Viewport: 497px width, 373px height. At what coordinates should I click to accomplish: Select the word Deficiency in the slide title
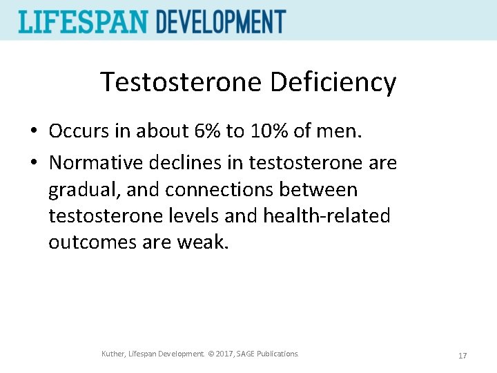click(x=333, y=82)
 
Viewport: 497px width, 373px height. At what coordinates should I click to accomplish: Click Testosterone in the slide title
click(x=181, y=82)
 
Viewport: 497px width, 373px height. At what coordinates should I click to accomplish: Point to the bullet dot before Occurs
click(x=33, y=131)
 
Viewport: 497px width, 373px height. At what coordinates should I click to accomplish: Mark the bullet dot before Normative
click(x=33, y=164)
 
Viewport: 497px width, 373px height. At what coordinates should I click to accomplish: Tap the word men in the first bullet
click(x=345, y=131)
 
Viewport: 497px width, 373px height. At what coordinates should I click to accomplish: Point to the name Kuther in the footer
click(x=113, y=354)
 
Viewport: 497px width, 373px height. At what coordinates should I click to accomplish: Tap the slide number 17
click(x=462, y=356)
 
